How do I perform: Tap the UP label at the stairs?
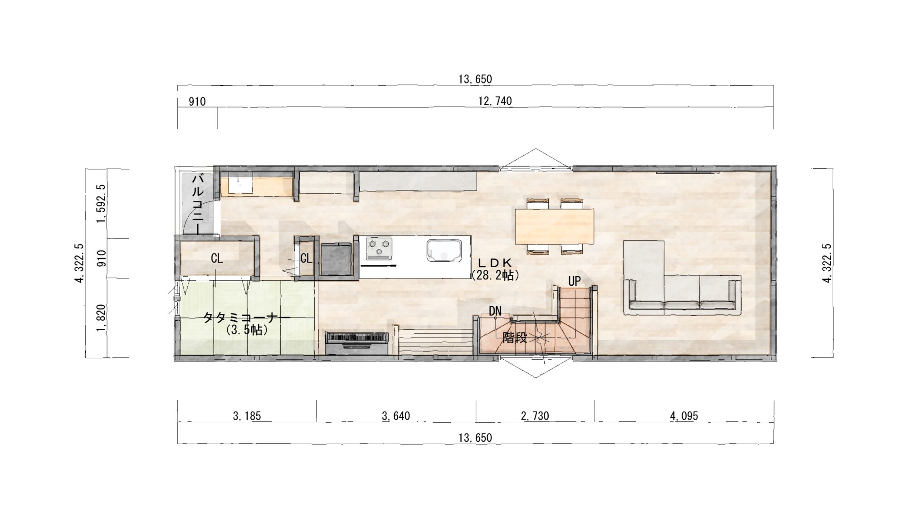(x=574, y=281)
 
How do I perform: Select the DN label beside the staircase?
(x=495, y=311)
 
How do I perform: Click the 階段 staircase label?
(x=514, y=338)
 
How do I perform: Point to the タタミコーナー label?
(x=246, y=318)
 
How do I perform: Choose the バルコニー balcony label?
(x=198, y=204)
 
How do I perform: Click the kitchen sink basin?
(x=444, y=250)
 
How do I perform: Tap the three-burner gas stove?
(x=379, y=249)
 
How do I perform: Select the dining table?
(x=555, y=226)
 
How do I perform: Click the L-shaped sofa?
(x=682, y=290)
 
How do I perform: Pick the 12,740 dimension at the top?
(x=495, y=101)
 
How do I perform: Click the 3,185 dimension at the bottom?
(x=247, y=416)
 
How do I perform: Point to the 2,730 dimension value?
(x=535, y=416)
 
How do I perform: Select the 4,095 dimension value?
(x=684, y=416)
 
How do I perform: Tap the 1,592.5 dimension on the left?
(x=101, y=203)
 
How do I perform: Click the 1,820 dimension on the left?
(x=101, y=318)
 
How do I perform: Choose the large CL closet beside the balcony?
(x=217, y=259)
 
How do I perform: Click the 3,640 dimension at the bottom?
(x=396, y=416)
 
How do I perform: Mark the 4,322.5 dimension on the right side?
(x=827, y=263)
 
